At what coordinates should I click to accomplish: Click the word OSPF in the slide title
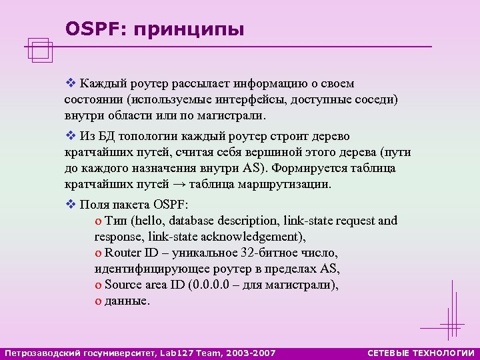pyautogui.click(x=89, y=29)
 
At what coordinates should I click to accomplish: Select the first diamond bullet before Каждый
pyautogui.click(x=71, y=84)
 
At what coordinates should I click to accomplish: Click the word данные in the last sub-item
pyautogui.click(x=127, y=301)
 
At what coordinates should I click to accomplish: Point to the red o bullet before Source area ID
pyautogui.click(x=99, y=285)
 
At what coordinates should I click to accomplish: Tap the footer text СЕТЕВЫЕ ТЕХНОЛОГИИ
pyautogui.click(x=421, y=352)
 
